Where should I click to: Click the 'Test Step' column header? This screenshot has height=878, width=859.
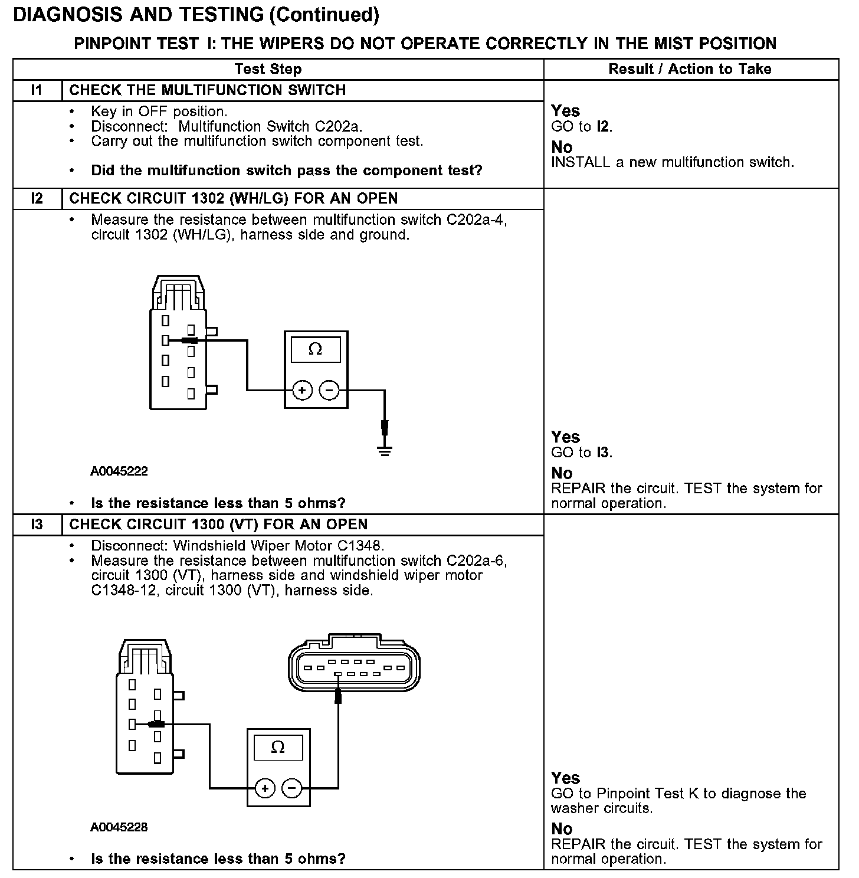[x=268, y=69]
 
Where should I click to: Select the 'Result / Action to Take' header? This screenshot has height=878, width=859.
[x=690, y=69]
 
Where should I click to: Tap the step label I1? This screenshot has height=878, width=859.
[x=37, y=90]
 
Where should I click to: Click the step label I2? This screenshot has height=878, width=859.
[x=37, y=198]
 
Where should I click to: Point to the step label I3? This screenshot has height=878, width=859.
[x=37, y=525]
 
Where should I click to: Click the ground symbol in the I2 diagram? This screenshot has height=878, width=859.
[x=385, y=451]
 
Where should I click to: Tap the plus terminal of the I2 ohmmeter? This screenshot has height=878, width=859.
[x=302, y=390]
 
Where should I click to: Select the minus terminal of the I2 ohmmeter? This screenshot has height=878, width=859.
[x=329, y=390]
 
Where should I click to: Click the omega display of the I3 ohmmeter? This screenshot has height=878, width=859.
[x=278, y=748]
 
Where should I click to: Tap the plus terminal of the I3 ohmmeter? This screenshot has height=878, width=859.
[x=265, y=788]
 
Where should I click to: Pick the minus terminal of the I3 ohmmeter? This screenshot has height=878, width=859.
[x=291, y=788]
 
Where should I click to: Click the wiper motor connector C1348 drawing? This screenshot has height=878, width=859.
[x=354, y=666]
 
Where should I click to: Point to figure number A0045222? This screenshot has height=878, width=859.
[x=119, y=471]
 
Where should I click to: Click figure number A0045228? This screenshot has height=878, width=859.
[x=119, y=827]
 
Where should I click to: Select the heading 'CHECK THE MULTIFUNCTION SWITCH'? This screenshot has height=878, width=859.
[x=208, y=90]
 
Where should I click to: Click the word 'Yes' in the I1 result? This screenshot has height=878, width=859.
[x=565, y=111]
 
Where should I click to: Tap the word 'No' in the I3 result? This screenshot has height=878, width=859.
[x=562, y=829]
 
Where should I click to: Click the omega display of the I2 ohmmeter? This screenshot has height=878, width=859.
[x=316, y=350]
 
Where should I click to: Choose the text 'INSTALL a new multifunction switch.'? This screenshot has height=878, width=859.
[x=673, y=162]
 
